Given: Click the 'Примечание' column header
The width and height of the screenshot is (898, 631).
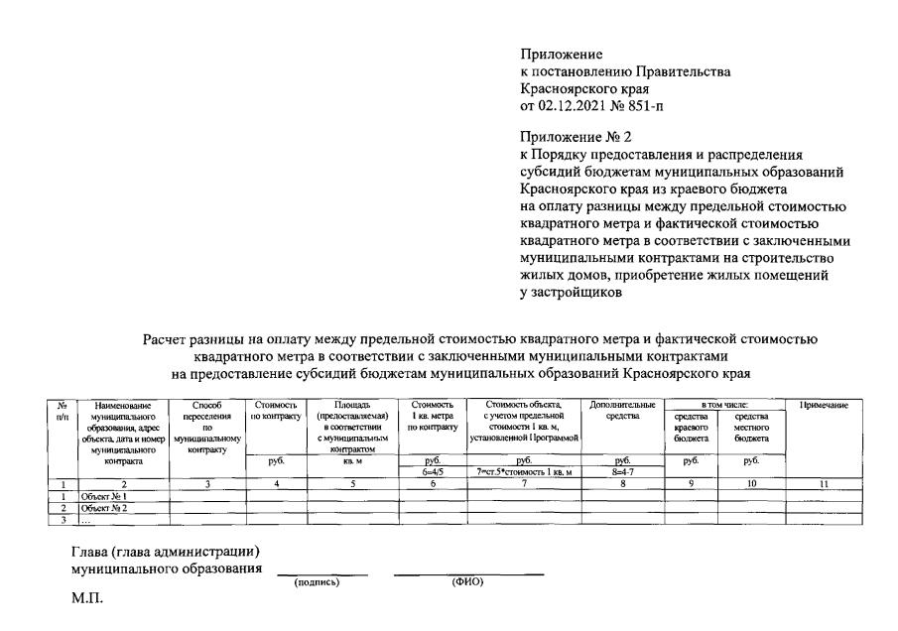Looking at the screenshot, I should pyautogui.click(x=823, y=405).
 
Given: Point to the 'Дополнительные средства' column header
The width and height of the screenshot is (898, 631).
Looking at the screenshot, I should pyautogui.click(x=622, y=411).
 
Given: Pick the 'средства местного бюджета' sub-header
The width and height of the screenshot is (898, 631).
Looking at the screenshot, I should pyautogui.click(x=751, y=427).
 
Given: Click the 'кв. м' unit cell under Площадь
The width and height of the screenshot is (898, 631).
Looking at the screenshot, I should pyautogui.click(x=354, y=460).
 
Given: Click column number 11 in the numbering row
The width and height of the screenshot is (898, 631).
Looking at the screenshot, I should pyautogui.click(x=823, y=482).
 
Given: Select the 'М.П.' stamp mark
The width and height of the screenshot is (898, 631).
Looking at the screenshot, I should pyautogui.click(x=86, y=598).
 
